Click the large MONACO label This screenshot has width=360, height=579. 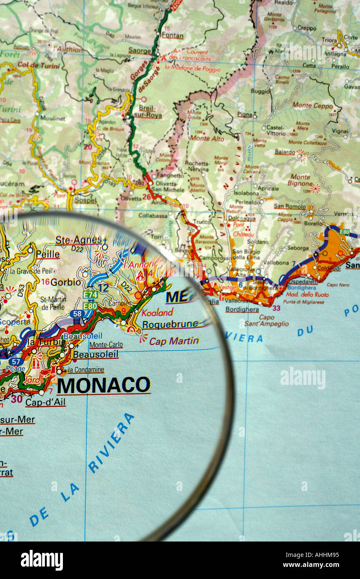point(103,385)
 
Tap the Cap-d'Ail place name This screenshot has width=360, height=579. point(45,402)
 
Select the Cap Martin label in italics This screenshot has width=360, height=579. point(174,341)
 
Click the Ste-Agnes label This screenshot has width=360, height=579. point(78,240)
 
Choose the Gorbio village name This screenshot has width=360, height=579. point(66,282)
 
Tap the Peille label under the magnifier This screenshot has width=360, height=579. point(47,254)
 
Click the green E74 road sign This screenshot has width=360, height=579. point(90,295)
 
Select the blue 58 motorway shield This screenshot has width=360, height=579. point(77,314)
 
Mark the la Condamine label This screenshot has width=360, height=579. point(85,370)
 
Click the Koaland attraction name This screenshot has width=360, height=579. point(157,313)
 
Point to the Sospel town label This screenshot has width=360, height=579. point(85,200)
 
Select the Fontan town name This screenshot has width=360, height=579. point(172,35)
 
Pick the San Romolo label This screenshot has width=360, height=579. point(289,206)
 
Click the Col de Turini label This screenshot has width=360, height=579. point(33,65)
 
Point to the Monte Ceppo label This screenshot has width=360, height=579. point(312,106)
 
